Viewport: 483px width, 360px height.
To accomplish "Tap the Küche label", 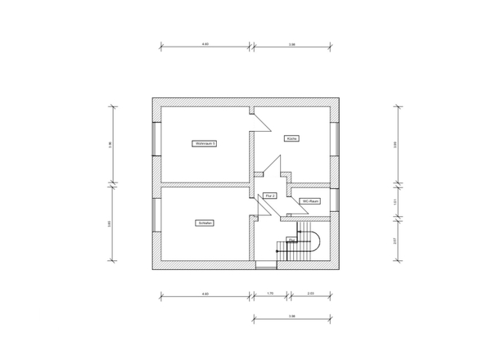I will (292, 138).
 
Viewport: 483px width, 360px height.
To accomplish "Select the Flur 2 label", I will (271, 196).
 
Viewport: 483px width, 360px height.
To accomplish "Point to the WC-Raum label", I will (310, 200).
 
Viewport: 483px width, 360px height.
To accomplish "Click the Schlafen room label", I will (205, 223).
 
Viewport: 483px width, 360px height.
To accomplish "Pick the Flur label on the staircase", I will (291, 241).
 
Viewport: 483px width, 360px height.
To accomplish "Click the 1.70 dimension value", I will (270, 293).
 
